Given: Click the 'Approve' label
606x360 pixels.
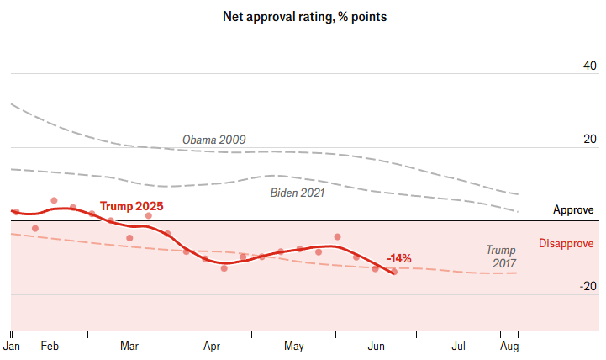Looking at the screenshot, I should tap(573, 210).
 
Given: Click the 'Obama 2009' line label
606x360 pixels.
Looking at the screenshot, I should tap(213, 140).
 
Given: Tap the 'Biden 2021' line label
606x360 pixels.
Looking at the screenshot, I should tap(297, 193).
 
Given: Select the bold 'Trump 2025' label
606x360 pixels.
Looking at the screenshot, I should tap(131, 206).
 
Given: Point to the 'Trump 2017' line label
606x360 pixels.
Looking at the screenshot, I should tap(502, 257).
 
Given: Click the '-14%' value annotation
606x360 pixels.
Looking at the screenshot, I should tap(398, 258).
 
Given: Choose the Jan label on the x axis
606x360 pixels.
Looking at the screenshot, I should tap(13, 346).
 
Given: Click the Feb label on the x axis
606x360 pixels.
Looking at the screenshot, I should tap(50, 346).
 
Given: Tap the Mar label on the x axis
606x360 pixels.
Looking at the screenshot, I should tap(129, 346).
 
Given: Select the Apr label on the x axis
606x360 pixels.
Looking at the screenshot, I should tap(211, 346).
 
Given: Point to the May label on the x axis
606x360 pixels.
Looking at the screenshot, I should tap(293, 346).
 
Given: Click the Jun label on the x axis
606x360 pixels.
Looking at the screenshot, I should tap(376, 346).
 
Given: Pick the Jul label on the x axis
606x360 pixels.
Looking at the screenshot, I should tap(459, 346).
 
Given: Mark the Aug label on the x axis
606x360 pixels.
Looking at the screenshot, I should tap(510, 346).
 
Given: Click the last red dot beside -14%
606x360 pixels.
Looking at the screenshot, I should tap(394, 272).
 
